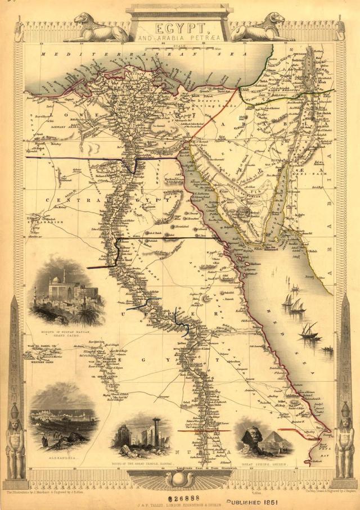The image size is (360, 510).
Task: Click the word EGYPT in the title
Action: point(179,27)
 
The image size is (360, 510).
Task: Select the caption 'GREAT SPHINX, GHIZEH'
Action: point(265,465)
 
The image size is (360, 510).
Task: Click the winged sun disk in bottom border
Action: point(179,479)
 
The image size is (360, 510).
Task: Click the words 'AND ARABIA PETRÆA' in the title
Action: point(179,38)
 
